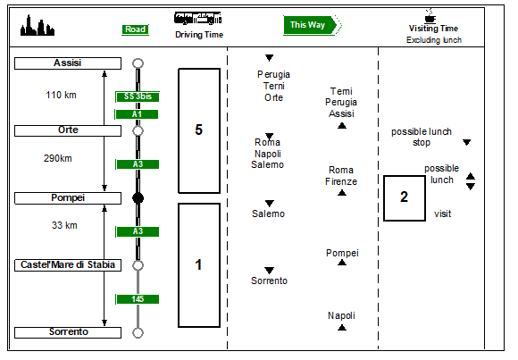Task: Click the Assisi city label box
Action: click(x=68, y=63)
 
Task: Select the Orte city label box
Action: click(x=68, y=130)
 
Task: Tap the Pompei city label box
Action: click(x=68, y=198)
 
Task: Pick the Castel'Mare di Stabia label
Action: click(x=68, y=265)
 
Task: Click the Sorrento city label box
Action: click(x=68, y=332)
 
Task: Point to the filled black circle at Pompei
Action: click(x=138, y=198)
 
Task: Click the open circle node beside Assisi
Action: click(x=138, y=63)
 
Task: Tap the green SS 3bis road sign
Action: click(x=138, y=96)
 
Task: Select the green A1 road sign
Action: click(x=137, y=114)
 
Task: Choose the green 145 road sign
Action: click(x=138, y=299)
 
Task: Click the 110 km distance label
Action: click(x=61, y=96)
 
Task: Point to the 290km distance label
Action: click(x=58, y=158)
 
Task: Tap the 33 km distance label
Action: click(x=64, y=225)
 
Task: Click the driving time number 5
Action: click(x=198, y=130)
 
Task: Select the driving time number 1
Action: click(x=198, y=264)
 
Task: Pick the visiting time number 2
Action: click(x=404, y=197)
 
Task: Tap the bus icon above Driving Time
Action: click(x=198, y=18)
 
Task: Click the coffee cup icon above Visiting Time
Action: click(x=430, y=15)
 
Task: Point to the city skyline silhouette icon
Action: click(x=38, y=25)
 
